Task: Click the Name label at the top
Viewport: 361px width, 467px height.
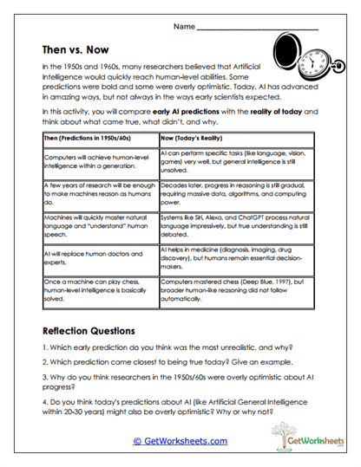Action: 184,28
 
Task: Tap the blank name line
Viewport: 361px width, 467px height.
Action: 257,29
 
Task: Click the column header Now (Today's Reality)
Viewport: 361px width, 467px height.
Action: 198,138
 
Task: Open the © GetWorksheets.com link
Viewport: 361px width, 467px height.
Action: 180,441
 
